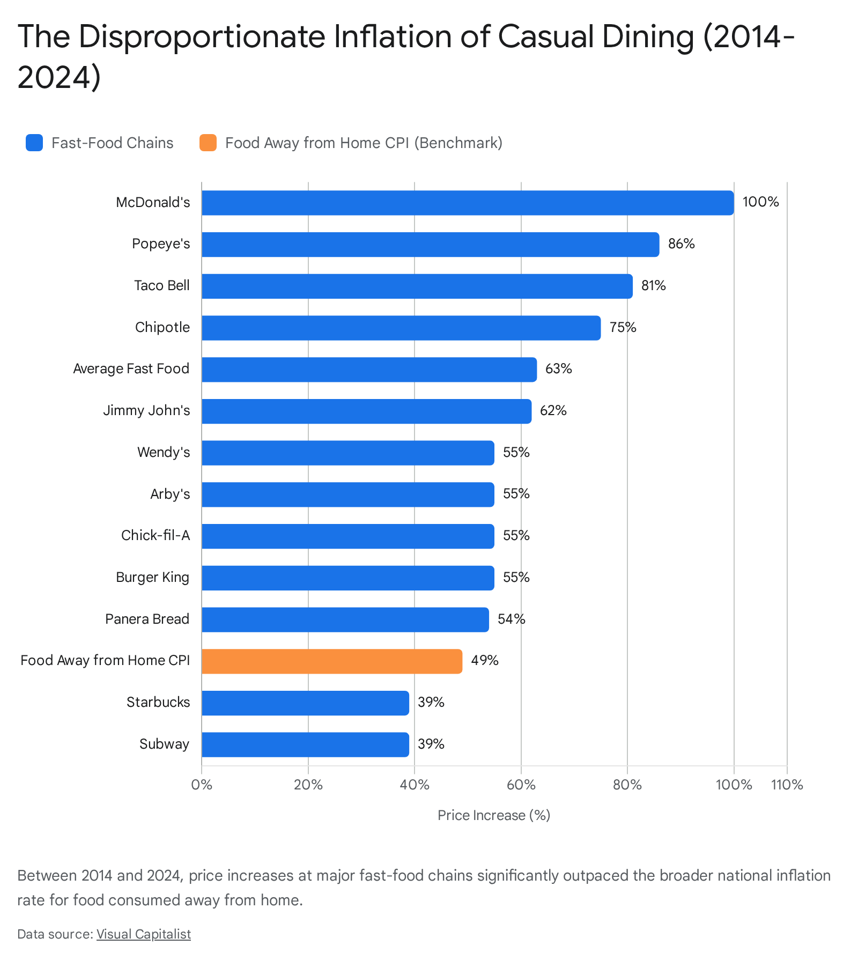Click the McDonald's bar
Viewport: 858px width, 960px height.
click(x=468, y=203)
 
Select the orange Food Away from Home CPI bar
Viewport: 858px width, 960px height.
click(x=332, y=661)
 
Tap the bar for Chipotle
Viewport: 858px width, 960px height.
click(x=401, y=328)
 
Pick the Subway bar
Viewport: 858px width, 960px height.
click(x=305, y=744)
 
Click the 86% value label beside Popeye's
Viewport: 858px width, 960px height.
click(x=681, y=244)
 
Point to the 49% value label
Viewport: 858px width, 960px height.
click(x=485, y=660)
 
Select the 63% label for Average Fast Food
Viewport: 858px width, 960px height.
click(x=559, y=369)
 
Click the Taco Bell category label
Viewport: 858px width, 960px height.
click(x=162, y=285)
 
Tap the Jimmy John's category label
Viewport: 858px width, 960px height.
click(x=146, y=411)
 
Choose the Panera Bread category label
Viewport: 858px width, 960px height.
click(x=147, y=619)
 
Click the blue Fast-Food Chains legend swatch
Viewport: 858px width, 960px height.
click(x=34, y=143)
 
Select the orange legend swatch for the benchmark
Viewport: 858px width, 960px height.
click(x=208, y=143)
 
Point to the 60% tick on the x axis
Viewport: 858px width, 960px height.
click(x=521, y=785)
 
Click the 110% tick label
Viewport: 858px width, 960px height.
click(x=787, y=785)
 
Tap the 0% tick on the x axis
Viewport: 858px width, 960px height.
click(x=202, y=785)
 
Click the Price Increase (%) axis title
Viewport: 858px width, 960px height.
click(x=494, y=815)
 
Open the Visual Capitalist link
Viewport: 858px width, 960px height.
click(x=144, y=934)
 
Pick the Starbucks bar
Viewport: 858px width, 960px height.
click(x=305, y=703)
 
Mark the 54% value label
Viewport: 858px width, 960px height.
click(x=512, y=619)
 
